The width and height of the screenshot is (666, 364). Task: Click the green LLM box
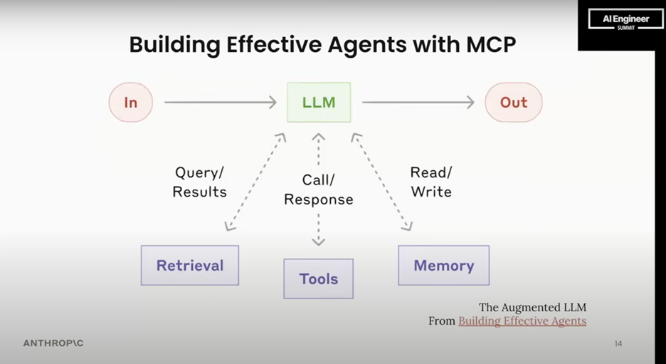click(x=319, y=102)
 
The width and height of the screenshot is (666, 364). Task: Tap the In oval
click(x=131, y=102)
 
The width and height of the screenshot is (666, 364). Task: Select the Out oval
click(x=514, y=102)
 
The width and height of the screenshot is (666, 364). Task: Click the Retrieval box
click(x=190, y=266)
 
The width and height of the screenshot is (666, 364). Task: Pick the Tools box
click(x=319, y=279)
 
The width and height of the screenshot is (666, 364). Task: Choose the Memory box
click(x=444, y=266)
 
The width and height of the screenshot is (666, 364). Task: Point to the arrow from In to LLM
click(x=221, y=102)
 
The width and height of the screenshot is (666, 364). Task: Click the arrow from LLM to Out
click(x=418, y=102)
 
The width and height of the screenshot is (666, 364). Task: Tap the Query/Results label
click(x=200, y=182)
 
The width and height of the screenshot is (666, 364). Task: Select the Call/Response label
click(x=319, y=189)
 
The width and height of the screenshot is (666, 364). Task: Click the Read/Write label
click(x=431, y=182)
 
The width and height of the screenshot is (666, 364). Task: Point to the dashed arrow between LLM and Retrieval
click(x=255, y=182)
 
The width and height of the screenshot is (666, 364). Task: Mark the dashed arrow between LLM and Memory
click(x=381, y=182)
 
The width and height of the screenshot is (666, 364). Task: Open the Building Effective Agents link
click(x=522, y=321)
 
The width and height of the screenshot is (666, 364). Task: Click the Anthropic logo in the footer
click(x=53, y=343)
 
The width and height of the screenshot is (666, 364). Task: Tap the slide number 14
click(x=618, y=343)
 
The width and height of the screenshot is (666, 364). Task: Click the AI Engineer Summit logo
click(x=626, y=20)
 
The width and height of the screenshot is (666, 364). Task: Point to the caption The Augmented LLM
click(x=533, y=307)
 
